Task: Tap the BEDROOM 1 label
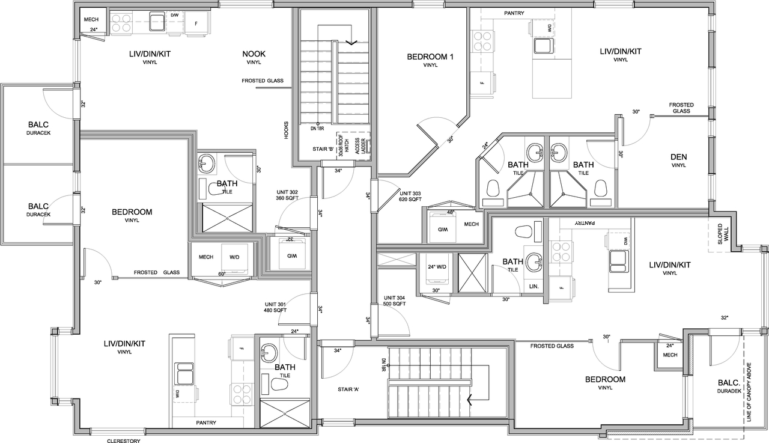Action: pyautogui.click(x=430, y=57)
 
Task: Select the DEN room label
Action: pyautogui.click(x=678, y=157)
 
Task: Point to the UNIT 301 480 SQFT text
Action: pyautogui.click(x=275, y=307)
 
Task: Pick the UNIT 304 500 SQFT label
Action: pyautogui.click(x=395, y=301)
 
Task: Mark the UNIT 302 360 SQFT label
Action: pyautogui.click(x=287, y=195)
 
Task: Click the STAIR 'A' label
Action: pyautogui.click(x=349, y=390)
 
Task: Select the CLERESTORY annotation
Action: pyautogui.click(x=123, y=441)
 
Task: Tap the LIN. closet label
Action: pyautogui.click(x=534, y=287)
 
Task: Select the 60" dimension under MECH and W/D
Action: pyautogui.click(x=222, y=274)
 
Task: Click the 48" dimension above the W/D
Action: pyautogui.click(x=450, y=212)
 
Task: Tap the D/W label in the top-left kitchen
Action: pyautogui.click(x=174, y=14)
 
